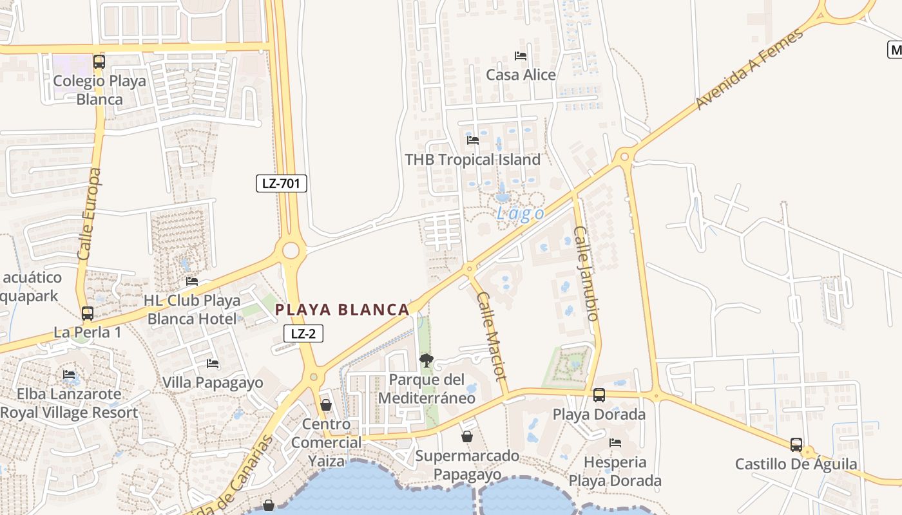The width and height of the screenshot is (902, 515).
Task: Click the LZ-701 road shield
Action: coord(282,183)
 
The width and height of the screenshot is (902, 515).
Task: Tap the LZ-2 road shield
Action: coord(303,333)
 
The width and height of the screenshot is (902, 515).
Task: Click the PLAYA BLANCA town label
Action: coord(343,310)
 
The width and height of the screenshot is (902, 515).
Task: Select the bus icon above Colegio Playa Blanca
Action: coord(99,62)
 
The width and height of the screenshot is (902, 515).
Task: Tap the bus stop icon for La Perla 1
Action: coord(88,314)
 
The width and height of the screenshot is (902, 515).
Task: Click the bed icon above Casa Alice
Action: coord(521,56)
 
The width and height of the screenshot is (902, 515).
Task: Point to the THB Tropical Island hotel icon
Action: coord(473,140)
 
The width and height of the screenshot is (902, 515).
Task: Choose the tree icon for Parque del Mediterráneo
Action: coord(426,360)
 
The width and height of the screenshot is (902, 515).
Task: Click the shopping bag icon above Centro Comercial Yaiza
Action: coord(326,405)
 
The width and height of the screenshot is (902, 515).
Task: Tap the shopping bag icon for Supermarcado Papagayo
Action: coord(467,437)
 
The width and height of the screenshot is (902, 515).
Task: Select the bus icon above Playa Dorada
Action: coord(599,395)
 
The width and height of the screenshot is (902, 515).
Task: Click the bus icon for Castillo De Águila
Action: coord(796,445)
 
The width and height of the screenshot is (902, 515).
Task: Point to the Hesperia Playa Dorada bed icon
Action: coord(615,443)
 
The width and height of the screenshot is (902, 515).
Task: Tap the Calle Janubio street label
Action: coord(586,273)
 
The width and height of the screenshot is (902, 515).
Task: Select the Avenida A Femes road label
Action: coord(750,69)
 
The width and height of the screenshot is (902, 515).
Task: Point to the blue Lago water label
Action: coord(520,214)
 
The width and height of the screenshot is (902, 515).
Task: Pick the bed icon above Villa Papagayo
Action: coord(213,364)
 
